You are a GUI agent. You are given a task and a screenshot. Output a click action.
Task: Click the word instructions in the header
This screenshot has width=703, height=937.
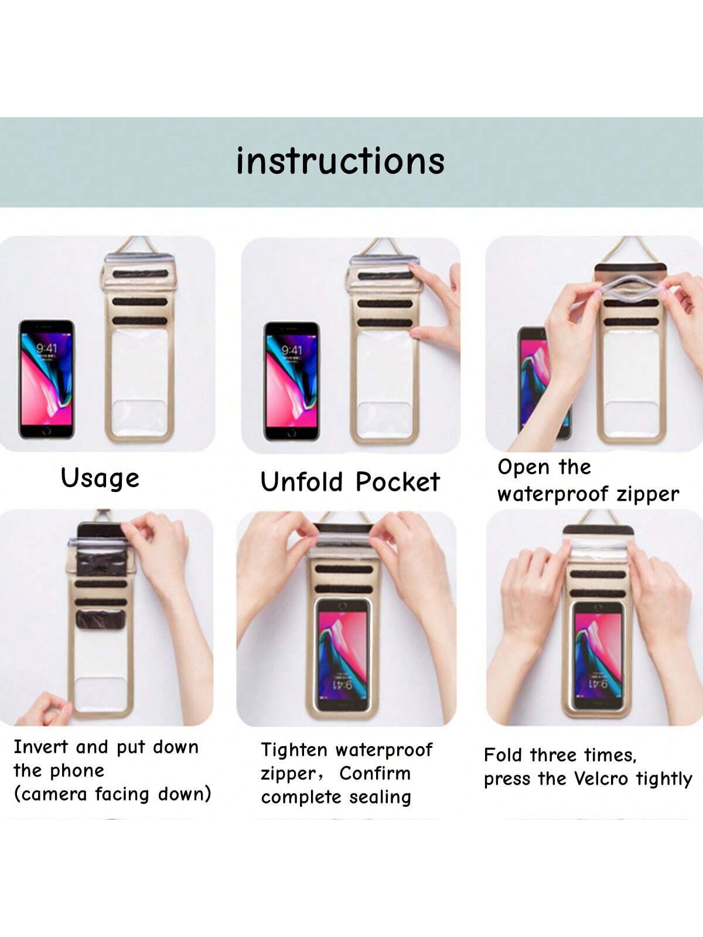coord(340,161)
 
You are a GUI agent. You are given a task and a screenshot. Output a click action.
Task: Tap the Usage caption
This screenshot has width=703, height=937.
coord(100,478)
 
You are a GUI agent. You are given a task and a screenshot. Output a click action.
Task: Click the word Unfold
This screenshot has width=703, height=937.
coord(302,481)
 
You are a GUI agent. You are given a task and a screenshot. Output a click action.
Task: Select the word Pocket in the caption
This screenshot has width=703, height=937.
coord(397,481)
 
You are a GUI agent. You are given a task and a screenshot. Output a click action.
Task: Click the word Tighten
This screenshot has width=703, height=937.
coord(294,750)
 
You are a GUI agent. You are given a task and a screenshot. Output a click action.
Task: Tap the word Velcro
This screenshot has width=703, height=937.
coord(600,779)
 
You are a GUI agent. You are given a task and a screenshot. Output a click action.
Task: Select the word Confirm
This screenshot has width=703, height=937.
coord(375,774)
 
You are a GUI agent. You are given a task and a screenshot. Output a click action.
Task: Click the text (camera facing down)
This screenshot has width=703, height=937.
coord(112,795)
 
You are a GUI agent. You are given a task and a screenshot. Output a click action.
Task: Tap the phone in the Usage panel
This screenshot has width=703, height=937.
coord(46,379)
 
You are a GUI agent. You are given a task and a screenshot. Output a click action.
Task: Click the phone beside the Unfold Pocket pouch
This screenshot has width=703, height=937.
coord(292,381)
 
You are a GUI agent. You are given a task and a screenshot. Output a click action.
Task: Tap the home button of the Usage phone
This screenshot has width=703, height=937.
coord(46,432)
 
